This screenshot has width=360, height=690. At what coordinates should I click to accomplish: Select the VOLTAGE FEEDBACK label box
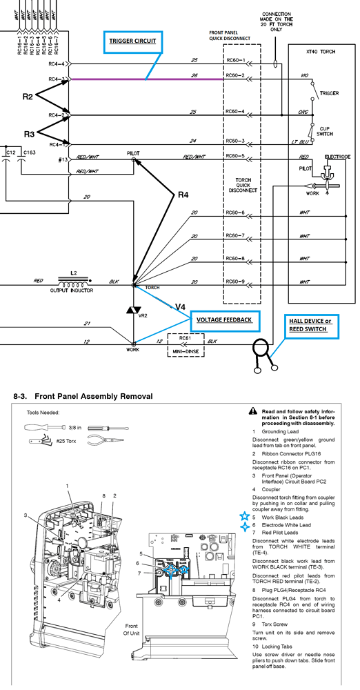pyautogui.click(x=224, y=320)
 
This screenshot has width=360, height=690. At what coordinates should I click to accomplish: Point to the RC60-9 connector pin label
pyautogui.click(x=236, y=282)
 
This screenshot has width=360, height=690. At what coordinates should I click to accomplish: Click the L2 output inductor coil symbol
pyautogui.click(x=73, y=283)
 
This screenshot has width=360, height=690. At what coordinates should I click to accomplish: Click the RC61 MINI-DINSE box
pyautogui.click(x=183, y=343)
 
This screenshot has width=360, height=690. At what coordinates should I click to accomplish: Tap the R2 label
pyautogui.click(x=28, y=97)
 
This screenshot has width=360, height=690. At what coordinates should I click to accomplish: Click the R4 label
pyautogui.click(x=183, y=195)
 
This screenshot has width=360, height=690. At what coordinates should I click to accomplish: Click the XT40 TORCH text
pyautogui.click(x=320, y=51)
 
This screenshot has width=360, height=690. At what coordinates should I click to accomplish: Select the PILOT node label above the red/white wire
pyautogui.click(x=134, y=152)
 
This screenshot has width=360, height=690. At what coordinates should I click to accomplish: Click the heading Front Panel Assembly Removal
pyautogui.click(x=83, y=397)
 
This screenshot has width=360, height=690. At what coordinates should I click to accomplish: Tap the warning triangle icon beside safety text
pyautogui.click(x=255, y=412)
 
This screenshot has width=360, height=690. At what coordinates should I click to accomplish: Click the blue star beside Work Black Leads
pyautogui.click(x=243, y=517)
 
